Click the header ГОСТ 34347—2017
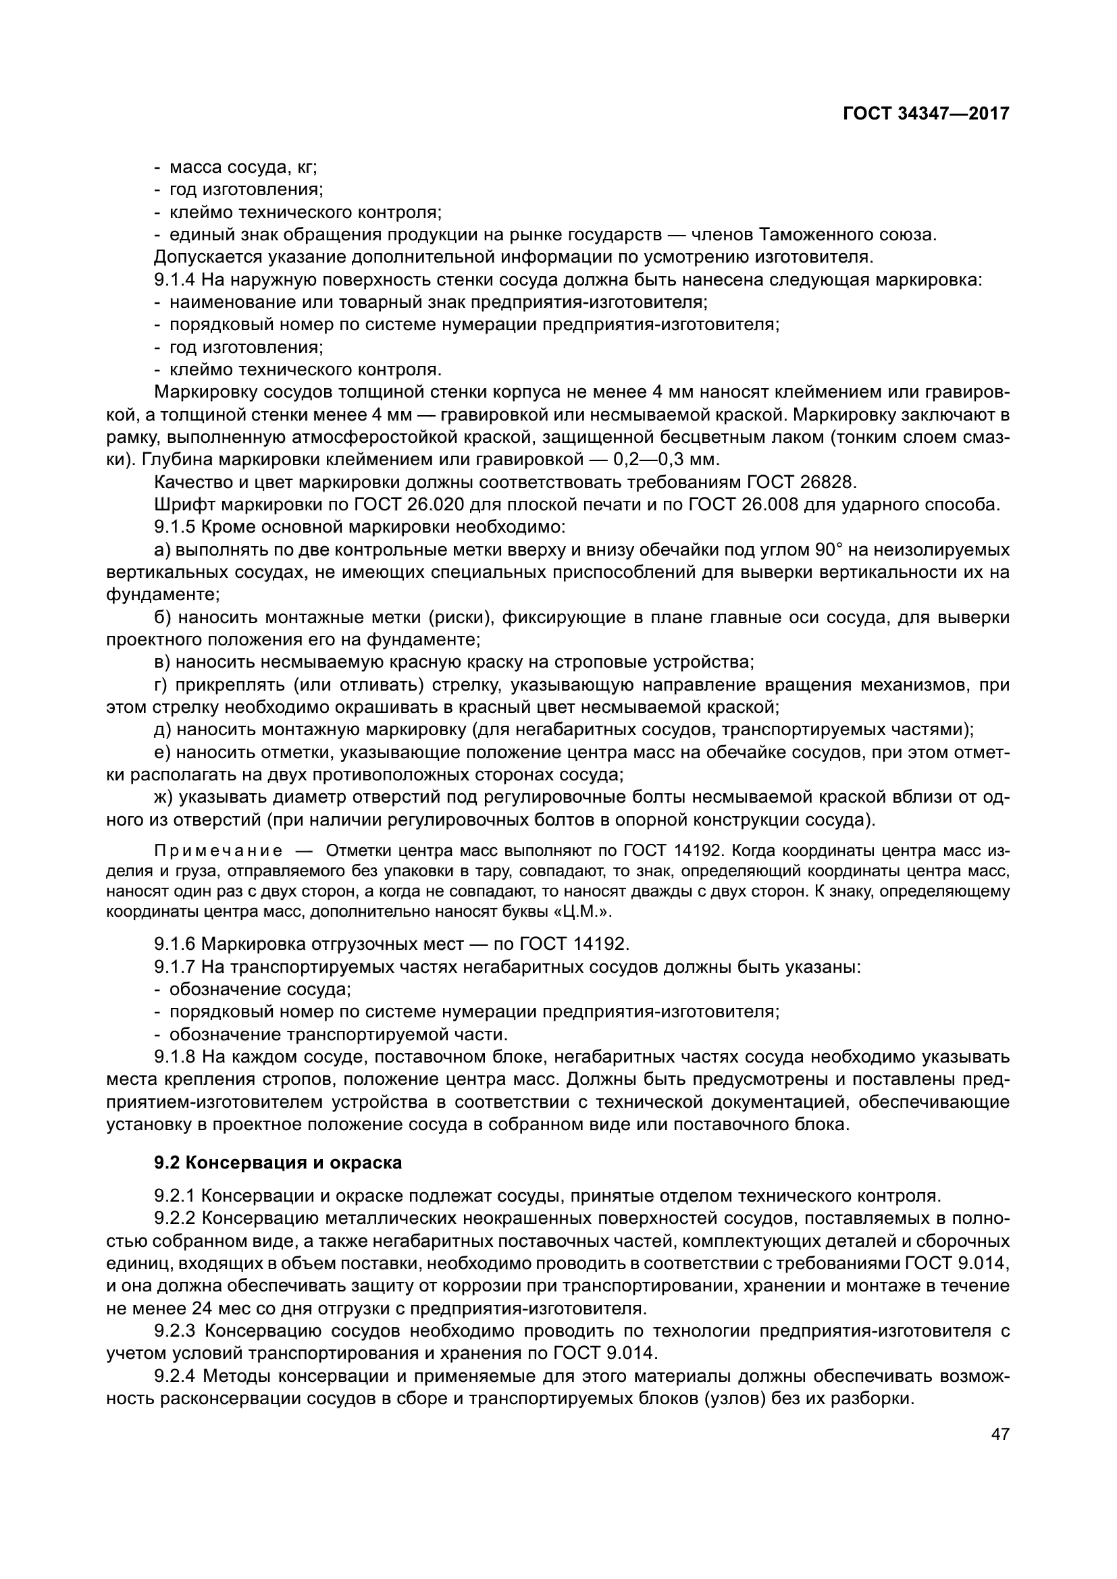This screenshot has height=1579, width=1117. coord(925,114)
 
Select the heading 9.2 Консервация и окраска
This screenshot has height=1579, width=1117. coord(278,1163)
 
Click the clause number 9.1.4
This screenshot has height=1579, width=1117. coord(176,280)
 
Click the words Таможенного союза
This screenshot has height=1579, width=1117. coord(847,234)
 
